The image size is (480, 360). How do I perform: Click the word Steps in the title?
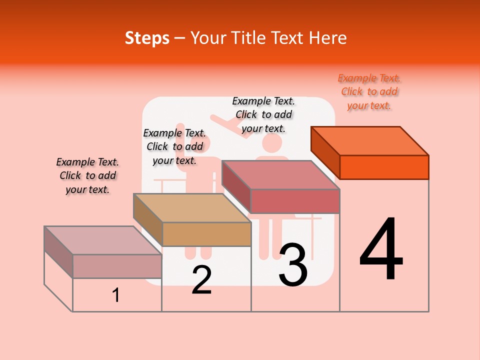point(147,38)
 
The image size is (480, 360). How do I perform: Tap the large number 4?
point(381,251)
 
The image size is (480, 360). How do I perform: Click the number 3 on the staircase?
point(293,265)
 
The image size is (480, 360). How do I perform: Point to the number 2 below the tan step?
point(201,280)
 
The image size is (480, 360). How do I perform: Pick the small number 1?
point(116,295)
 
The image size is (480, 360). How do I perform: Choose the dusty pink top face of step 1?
point(103,240)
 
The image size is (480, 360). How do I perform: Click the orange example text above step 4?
point(369,92)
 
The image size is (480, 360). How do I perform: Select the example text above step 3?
point(263,114)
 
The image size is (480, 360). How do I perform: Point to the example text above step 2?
point(174,146)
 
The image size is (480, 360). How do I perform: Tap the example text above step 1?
point(87,175)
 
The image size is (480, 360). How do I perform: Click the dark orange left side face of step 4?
point(325,149)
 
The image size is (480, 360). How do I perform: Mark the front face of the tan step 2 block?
point(206,234)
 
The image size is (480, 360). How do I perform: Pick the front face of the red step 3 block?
point(295,201)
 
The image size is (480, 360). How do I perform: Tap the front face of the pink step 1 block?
point(117,266)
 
